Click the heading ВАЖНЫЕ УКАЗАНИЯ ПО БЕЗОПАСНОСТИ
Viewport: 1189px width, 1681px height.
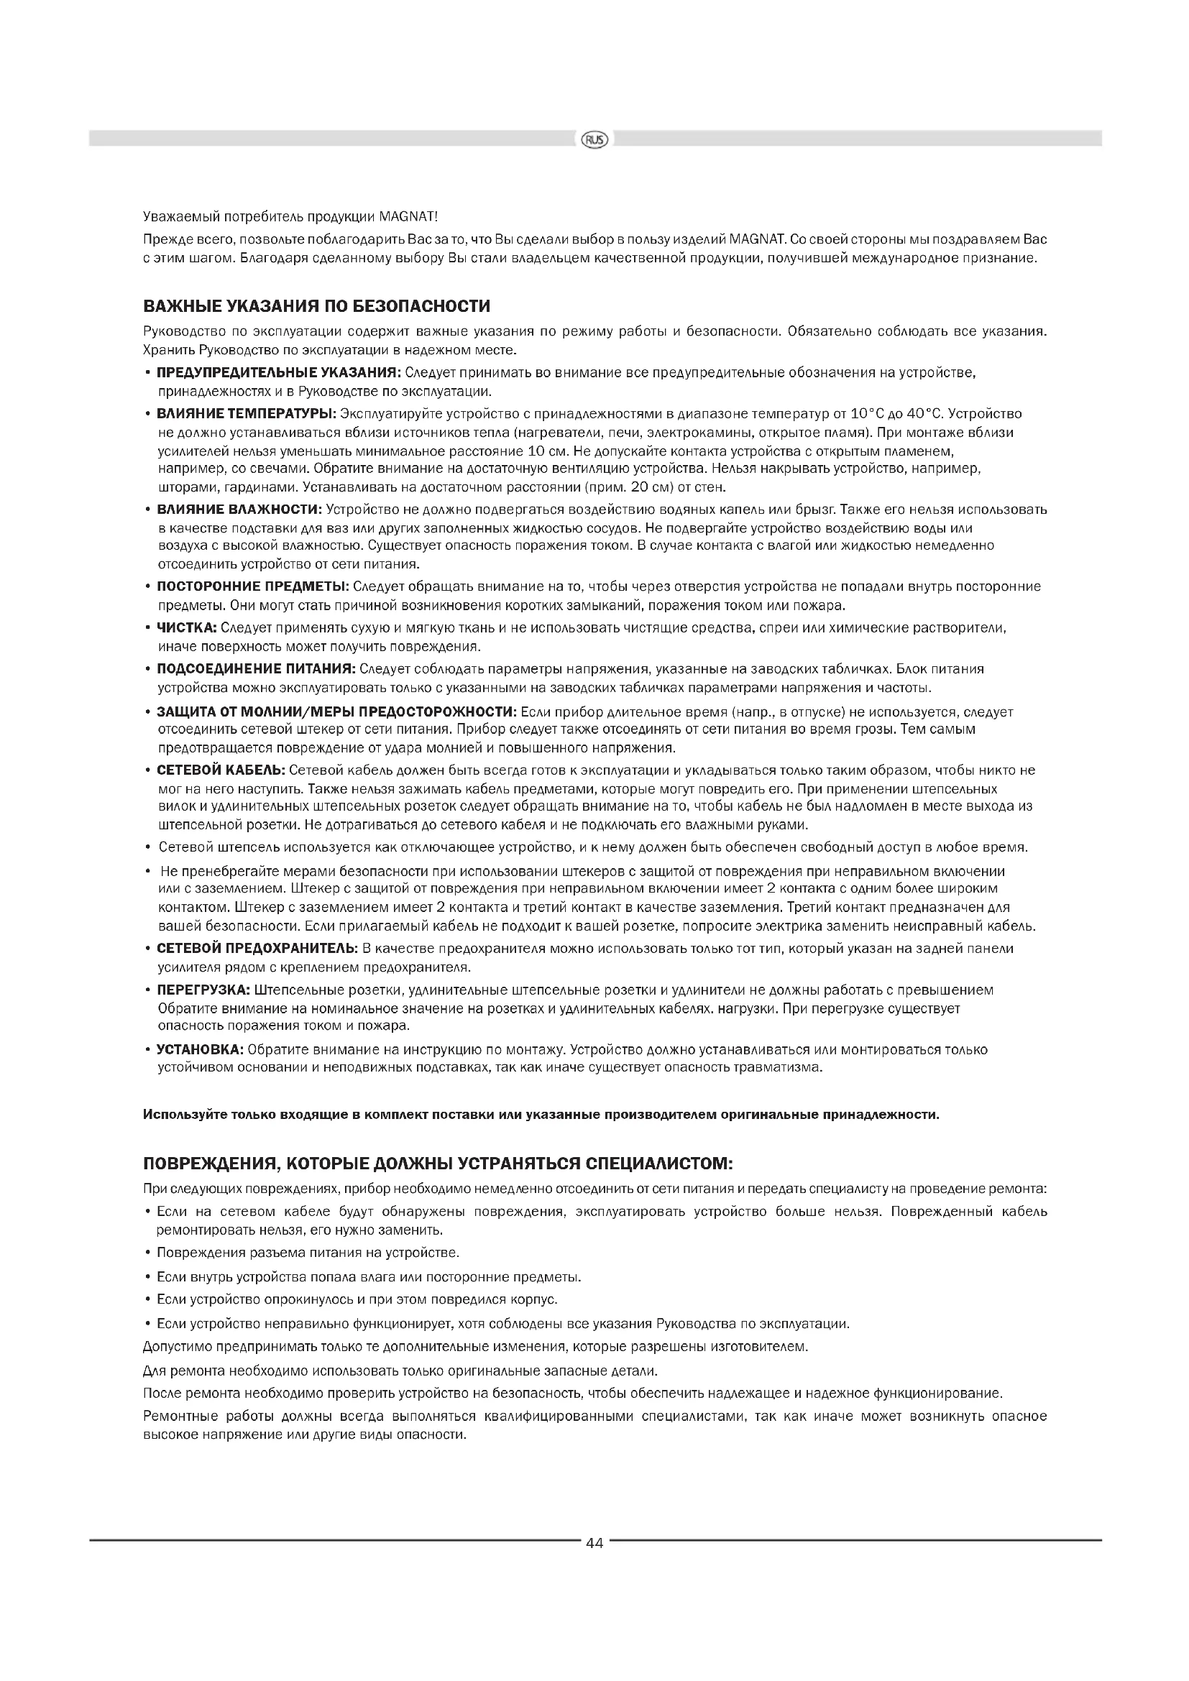click(316, 305)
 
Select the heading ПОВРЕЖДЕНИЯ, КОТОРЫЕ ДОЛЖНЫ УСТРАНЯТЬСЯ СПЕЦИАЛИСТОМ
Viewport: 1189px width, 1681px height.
click(437, 1164)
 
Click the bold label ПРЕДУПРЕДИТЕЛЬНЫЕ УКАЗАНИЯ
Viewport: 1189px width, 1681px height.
click(279, 373)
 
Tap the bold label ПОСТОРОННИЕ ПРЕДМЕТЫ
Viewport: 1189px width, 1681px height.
click(252, 586)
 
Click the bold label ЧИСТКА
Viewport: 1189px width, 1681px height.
click(187, 627)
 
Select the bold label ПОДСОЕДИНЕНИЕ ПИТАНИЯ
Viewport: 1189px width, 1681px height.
click(256, 668)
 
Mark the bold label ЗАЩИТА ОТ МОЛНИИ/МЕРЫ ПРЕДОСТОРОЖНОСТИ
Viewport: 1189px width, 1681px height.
click(336, 711)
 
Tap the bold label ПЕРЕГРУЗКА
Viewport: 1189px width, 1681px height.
click(203, 990)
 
